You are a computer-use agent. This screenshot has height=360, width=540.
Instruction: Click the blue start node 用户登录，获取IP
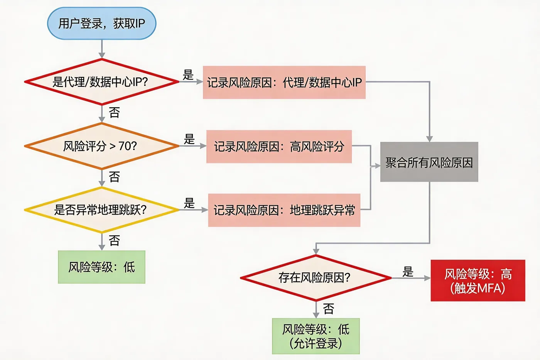[x=101, y=24]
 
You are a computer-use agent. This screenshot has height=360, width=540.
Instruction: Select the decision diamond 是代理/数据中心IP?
[x=101, y=82]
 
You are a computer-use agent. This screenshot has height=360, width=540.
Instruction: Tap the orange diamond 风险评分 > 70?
[x=101, y=146]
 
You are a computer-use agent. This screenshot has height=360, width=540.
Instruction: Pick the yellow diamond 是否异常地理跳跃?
[x=101, y=210]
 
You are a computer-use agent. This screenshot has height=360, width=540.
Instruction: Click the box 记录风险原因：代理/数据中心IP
[x=284, y=82]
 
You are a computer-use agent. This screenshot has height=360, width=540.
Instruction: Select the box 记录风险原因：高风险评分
[x=279, y=147]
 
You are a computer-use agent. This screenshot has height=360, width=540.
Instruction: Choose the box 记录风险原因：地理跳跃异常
[x=284, y=210]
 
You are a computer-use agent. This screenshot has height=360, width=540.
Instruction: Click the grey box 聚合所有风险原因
[x=429, y=162]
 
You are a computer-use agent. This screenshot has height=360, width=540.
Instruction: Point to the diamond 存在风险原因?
[x=316, y=277]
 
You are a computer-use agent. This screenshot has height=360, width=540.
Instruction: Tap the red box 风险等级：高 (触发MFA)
[x=478, y=281]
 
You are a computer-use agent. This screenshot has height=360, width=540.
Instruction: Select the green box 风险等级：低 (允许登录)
[x=316, y=336]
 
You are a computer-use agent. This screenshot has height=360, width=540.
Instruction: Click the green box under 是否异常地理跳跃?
[x=101, y=267]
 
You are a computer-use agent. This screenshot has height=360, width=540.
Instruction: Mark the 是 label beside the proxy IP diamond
[x=188, y=75]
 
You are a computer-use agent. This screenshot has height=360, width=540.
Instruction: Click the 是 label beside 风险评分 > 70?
[x=189, y=139]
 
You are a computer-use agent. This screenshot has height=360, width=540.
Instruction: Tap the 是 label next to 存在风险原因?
[x=408, y=272]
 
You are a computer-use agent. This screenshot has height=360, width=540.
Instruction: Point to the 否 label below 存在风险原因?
[x=328, y=308]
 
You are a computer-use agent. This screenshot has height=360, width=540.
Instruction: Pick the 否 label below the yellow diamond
[x=114, y=240]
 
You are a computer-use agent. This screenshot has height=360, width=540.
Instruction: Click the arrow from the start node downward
[x=101, y=49]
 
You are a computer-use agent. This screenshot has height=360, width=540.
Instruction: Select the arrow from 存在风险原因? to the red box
[x=411, y=278]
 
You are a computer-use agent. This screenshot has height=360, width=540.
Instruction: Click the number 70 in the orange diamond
[x=124, y=146]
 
